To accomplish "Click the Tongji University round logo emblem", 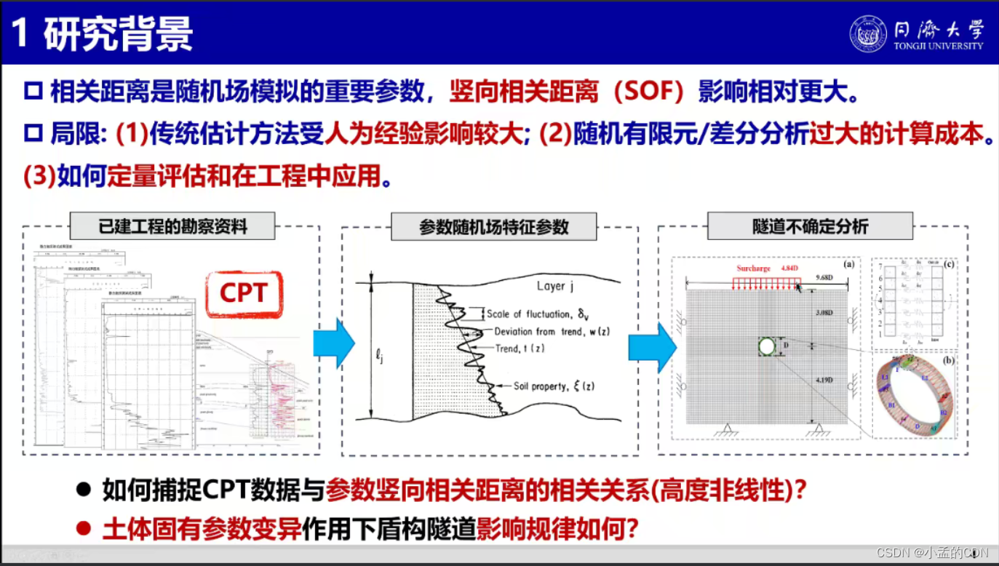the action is (x=868, y=34).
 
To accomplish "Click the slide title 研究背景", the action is (x=118, y=34).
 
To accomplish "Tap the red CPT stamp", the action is (x=244, y=293).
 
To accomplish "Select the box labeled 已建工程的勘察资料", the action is (x=172, y=226).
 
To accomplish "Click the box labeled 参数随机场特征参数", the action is (x=493, y=227).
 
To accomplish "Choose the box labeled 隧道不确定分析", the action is (x=810, y=226).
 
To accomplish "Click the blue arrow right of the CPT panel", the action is (x=333, y=343).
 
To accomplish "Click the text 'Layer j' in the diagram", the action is (x=555, y=286).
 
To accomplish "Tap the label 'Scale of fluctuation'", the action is (x=529, y=314).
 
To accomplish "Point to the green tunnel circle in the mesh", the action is (x=766, y=346).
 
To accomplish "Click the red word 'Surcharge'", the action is (x=753, y=268).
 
